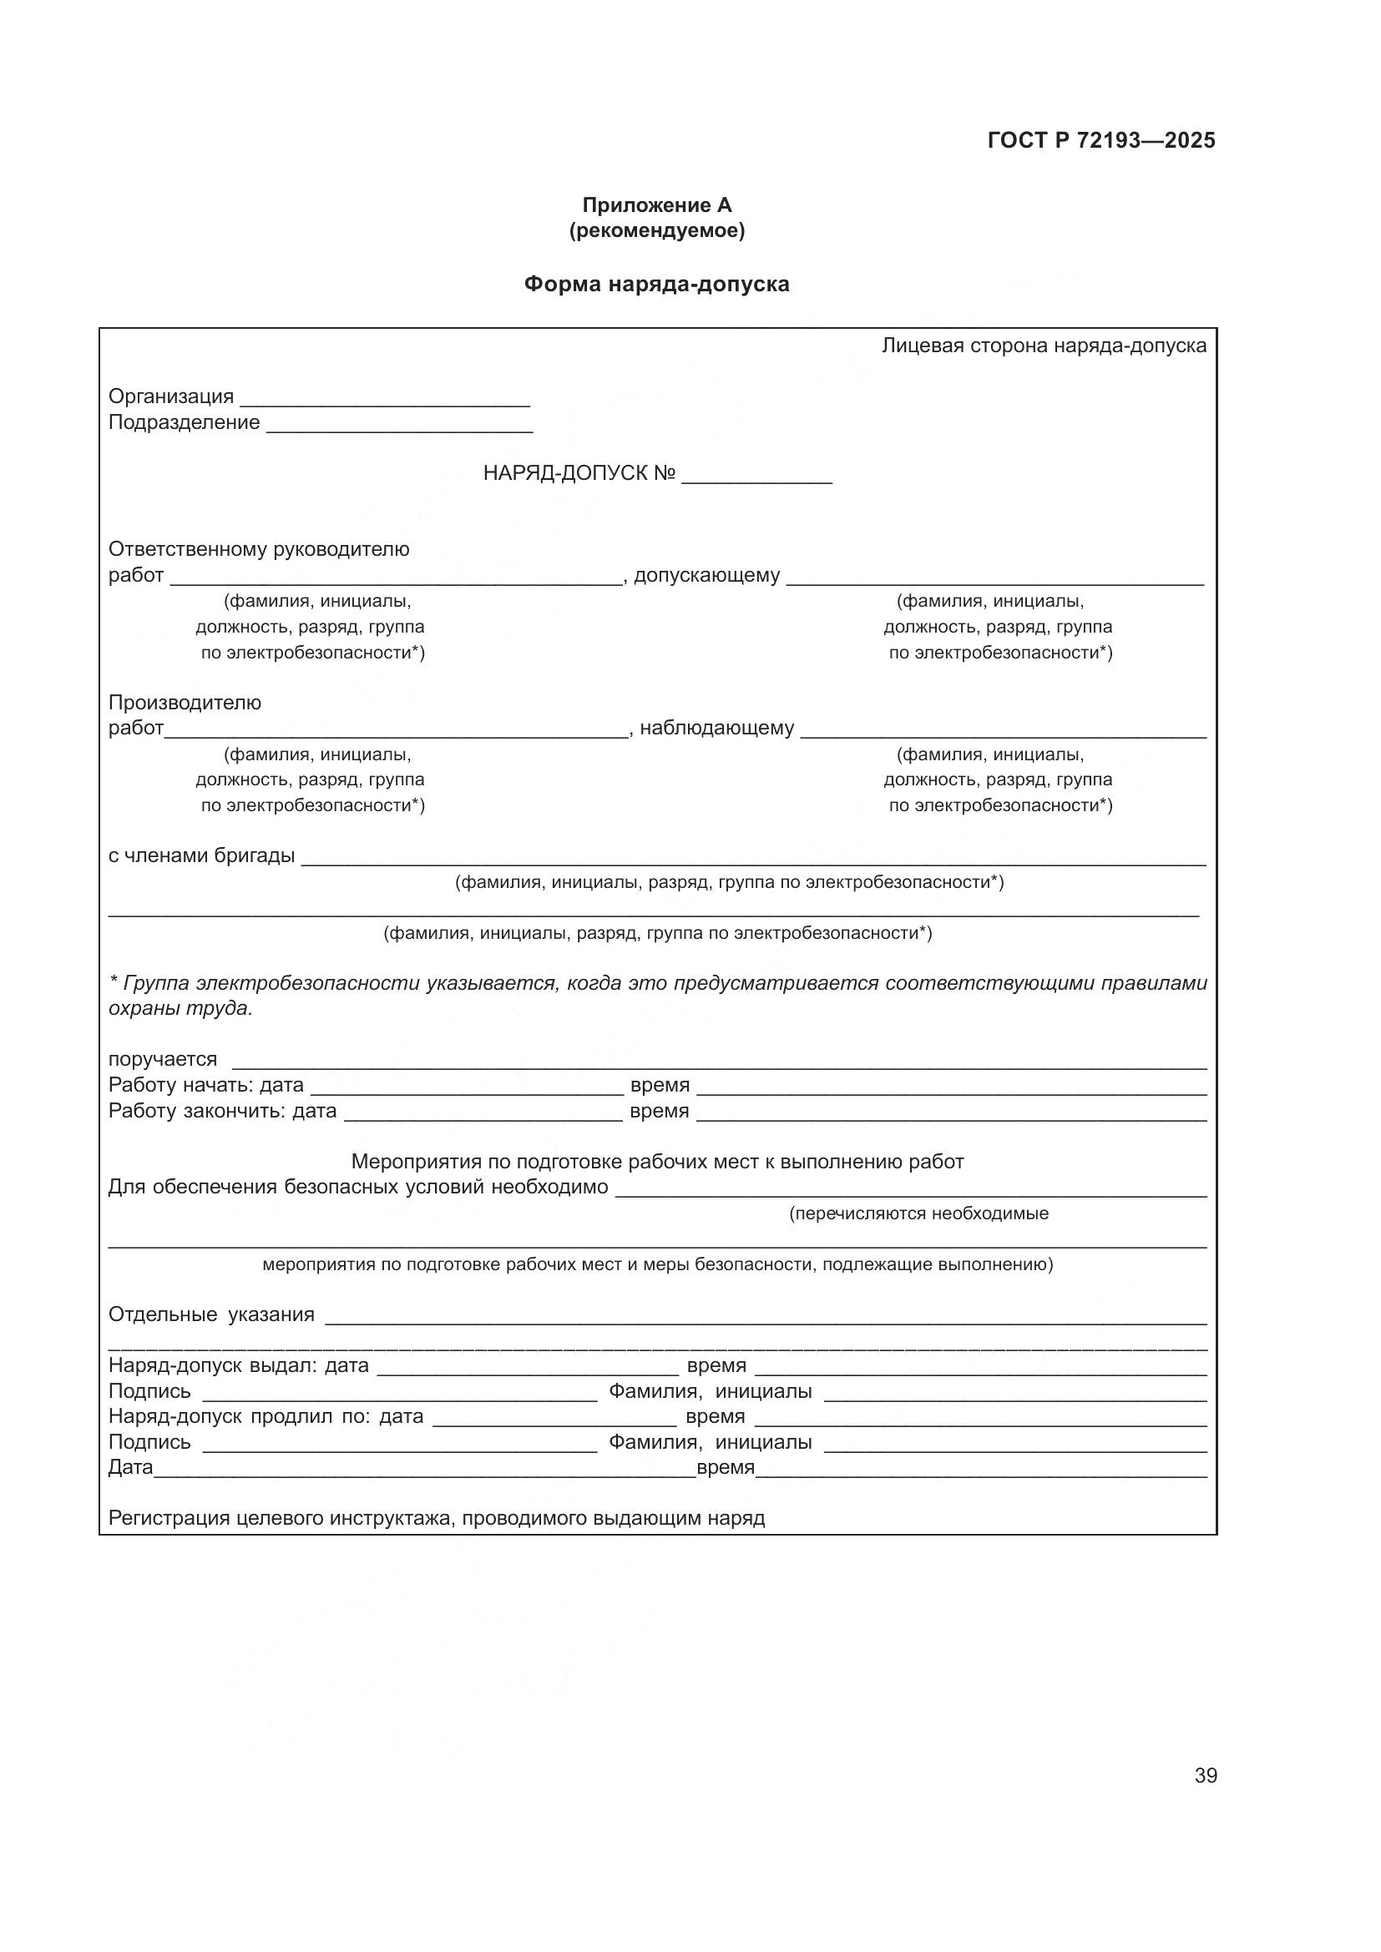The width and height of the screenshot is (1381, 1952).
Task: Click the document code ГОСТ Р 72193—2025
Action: [x=1100, y=141]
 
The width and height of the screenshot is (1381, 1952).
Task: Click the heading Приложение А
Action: [x=656, y=205]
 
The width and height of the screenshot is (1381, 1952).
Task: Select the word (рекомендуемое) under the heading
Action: [x=656, y=231]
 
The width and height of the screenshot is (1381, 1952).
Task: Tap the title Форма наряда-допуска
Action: [x=656, y=284]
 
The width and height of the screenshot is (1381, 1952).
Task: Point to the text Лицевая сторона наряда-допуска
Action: [x=1044, y=346]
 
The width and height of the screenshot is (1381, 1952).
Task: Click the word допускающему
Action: [x=706, y=576]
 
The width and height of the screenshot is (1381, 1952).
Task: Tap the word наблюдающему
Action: [x=716, y=728]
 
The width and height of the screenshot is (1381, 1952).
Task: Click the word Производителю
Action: [x=185, y=702]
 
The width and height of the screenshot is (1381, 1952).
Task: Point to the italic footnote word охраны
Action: [x=139, y=1009]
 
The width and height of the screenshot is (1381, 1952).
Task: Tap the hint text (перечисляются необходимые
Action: [x=918, y=1214]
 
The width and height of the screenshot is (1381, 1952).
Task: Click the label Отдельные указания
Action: [x=211, y=1314]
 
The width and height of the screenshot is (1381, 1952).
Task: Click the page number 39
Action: [x=1205, y=1775]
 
